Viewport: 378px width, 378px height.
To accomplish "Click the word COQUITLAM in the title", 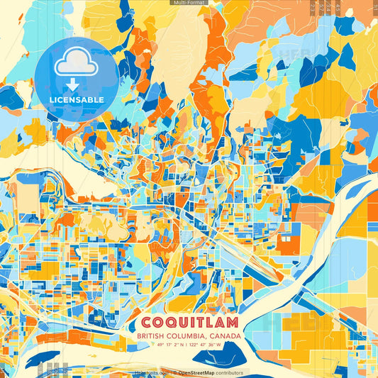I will click(189, 321).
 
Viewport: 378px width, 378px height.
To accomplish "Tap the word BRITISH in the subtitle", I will click(155, 335).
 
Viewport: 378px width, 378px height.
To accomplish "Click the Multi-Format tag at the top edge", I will click(189, 3).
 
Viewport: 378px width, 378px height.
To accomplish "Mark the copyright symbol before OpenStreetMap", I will click(174, 372).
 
